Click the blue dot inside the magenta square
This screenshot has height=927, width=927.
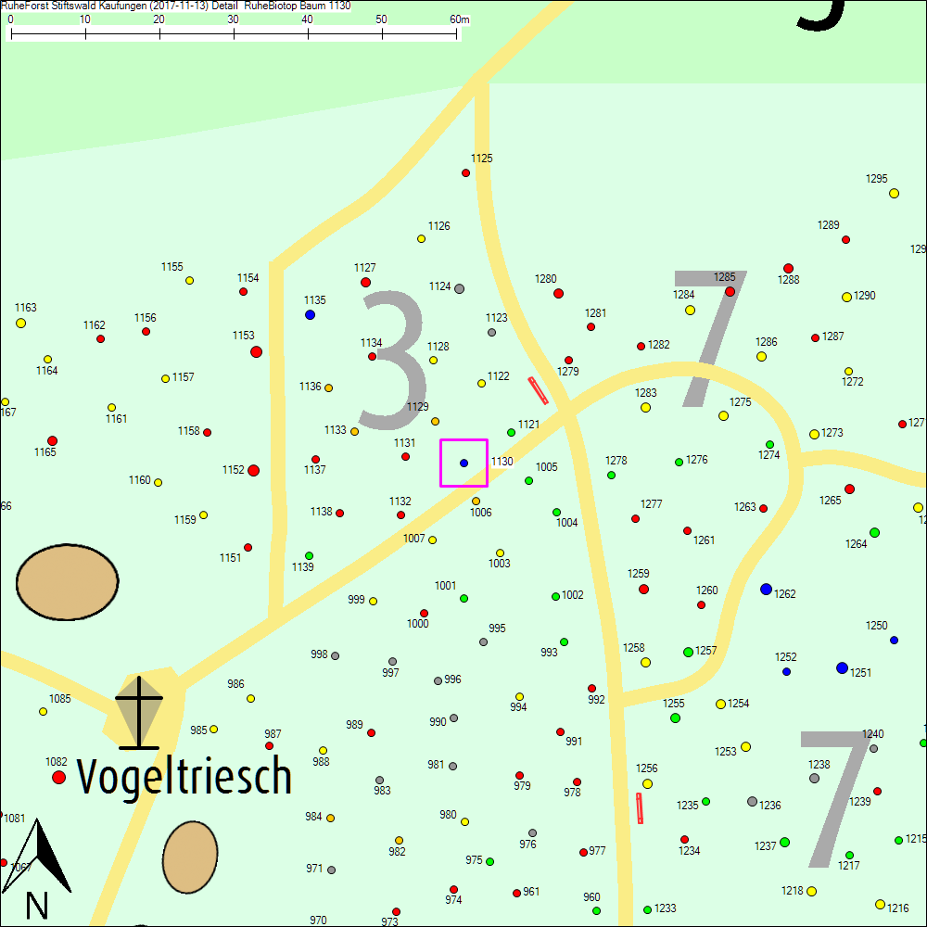463,463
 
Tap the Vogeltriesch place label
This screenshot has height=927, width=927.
184,776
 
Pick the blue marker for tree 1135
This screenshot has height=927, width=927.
310,314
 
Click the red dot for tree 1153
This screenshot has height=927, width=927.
256,351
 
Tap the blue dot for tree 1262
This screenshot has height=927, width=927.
766,589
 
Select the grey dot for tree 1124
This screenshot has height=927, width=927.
459,288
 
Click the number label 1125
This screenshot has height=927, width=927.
481,159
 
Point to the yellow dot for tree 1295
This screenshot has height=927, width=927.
894,193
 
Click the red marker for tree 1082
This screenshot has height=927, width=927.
58,777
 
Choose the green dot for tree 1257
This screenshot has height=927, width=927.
688,652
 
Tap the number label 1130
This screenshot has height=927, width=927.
502,462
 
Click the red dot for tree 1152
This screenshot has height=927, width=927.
253,470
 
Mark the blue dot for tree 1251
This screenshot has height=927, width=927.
842,667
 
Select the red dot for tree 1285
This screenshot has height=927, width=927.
730,291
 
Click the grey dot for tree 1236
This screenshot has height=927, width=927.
752,801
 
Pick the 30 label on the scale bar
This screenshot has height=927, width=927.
233,19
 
